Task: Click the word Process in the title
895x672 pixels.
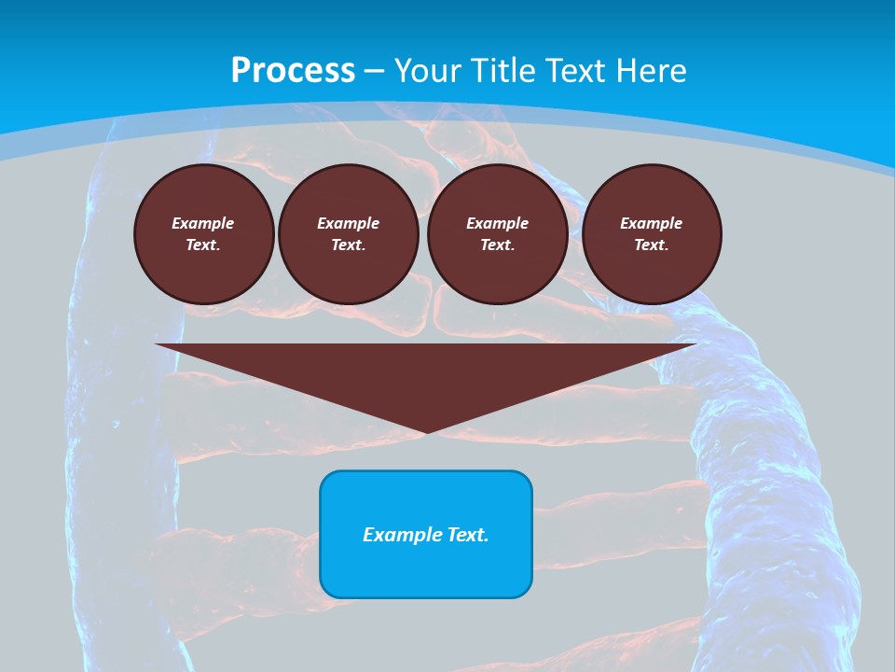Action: [293, 70]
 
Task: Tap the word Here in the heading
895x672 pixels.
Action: [650, 70]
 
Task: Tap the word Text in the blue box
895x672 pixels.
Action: [465, 535]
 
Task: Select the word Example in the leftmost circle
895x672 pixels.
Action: [203, 223]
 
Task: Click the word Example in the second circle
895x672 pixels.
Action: [348, 223]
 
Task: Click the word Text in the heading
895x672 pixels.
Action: [577, 70]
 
